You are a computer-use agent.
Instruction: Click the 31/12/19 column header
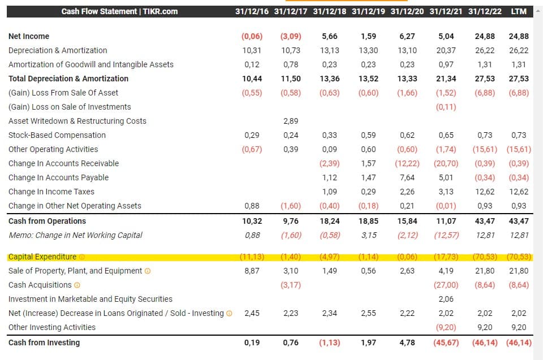coord(369,11)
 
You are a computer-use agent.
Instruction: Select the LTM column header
coord(519,11)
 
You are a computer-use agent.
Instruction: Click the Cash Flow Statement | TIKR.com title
coord(119,11)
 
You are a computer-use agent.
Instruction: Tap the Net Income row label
coord(29,36)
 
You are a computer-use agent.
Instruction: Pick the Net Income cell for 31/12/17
coord(291,36)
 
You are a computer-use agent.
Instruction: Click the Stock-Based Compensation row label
coord(57,135)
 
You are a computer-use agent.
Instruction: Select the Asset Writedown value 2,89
coord(291,121)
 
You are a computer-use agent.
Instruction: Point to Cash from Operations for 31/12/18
coord(330,221)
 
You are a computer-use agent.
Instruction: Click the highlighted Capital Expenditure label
coord(42,257)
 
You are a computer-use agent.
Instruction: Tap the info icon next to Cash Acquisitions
coord(77,285)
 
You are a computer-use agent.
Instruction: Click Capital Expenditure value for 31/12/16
coord(252,257)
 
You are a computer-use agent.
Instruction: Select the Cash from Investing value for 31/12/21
coord(446,342)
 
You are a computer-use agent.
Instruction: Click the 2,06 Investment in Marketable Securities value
coord(446,299)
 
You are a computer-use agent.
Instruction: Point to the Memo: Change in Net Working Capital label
coord(75,235)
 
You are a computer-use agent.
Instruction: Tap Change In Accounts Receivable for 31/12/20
coord(407,163)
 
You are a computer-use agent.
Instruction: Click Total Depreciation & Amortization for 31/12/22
coord(485,79)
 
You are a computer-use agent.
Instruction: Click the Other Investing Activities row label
coord(52,327)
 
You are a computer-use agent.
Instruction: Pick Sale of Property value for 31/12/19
coord(369,271)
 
